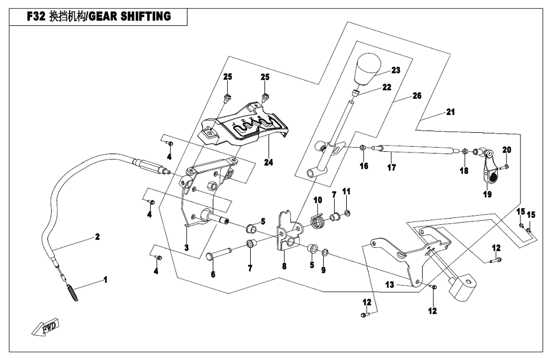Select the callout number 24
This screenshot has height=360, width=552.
click(x=269, y=163)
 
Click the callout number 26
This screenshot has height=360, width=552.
click(x=417, y=95)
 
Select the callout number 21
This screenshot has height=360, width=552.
click(x=450, y=112)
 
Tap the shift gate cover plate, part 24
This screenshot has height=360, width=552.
click(x=244, y=128)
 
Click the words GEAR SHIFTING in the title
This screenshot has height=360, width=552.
click(x=135, y=17)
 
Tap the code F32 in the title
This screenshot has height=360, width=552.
click(x=37, y=17)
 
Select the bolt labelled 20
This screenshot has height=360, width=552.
click(x=503, y=167)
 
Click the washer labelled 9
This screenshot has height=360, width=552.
click(x=326, y=252)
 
